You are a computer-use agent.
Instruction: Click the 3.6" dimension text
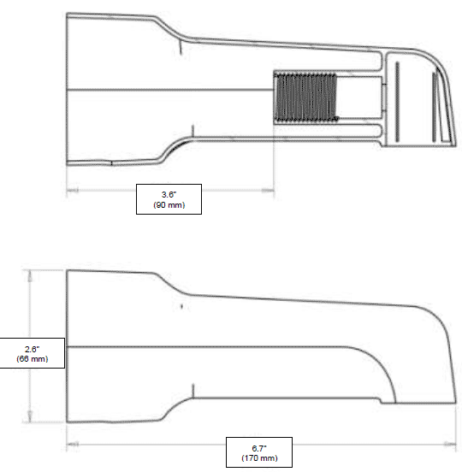169,196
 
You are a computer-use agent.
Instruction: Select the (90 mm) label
169,206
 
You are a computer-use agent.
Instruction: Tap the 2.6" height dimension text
32,349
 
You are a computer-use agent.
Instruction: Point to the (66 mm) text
32,359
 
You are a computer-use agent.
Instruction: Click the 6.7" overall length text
258,449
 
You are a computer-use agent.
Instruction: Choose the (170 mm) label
258,459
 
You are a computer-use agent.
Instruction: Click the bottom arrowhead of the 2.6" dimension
32,418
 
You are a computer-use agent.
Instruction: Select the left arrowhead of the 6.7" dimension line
70,444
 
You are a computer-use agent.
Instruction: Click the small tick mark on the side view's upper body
182,304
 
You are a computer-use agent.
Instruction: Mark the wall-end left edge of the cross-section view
68,90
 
